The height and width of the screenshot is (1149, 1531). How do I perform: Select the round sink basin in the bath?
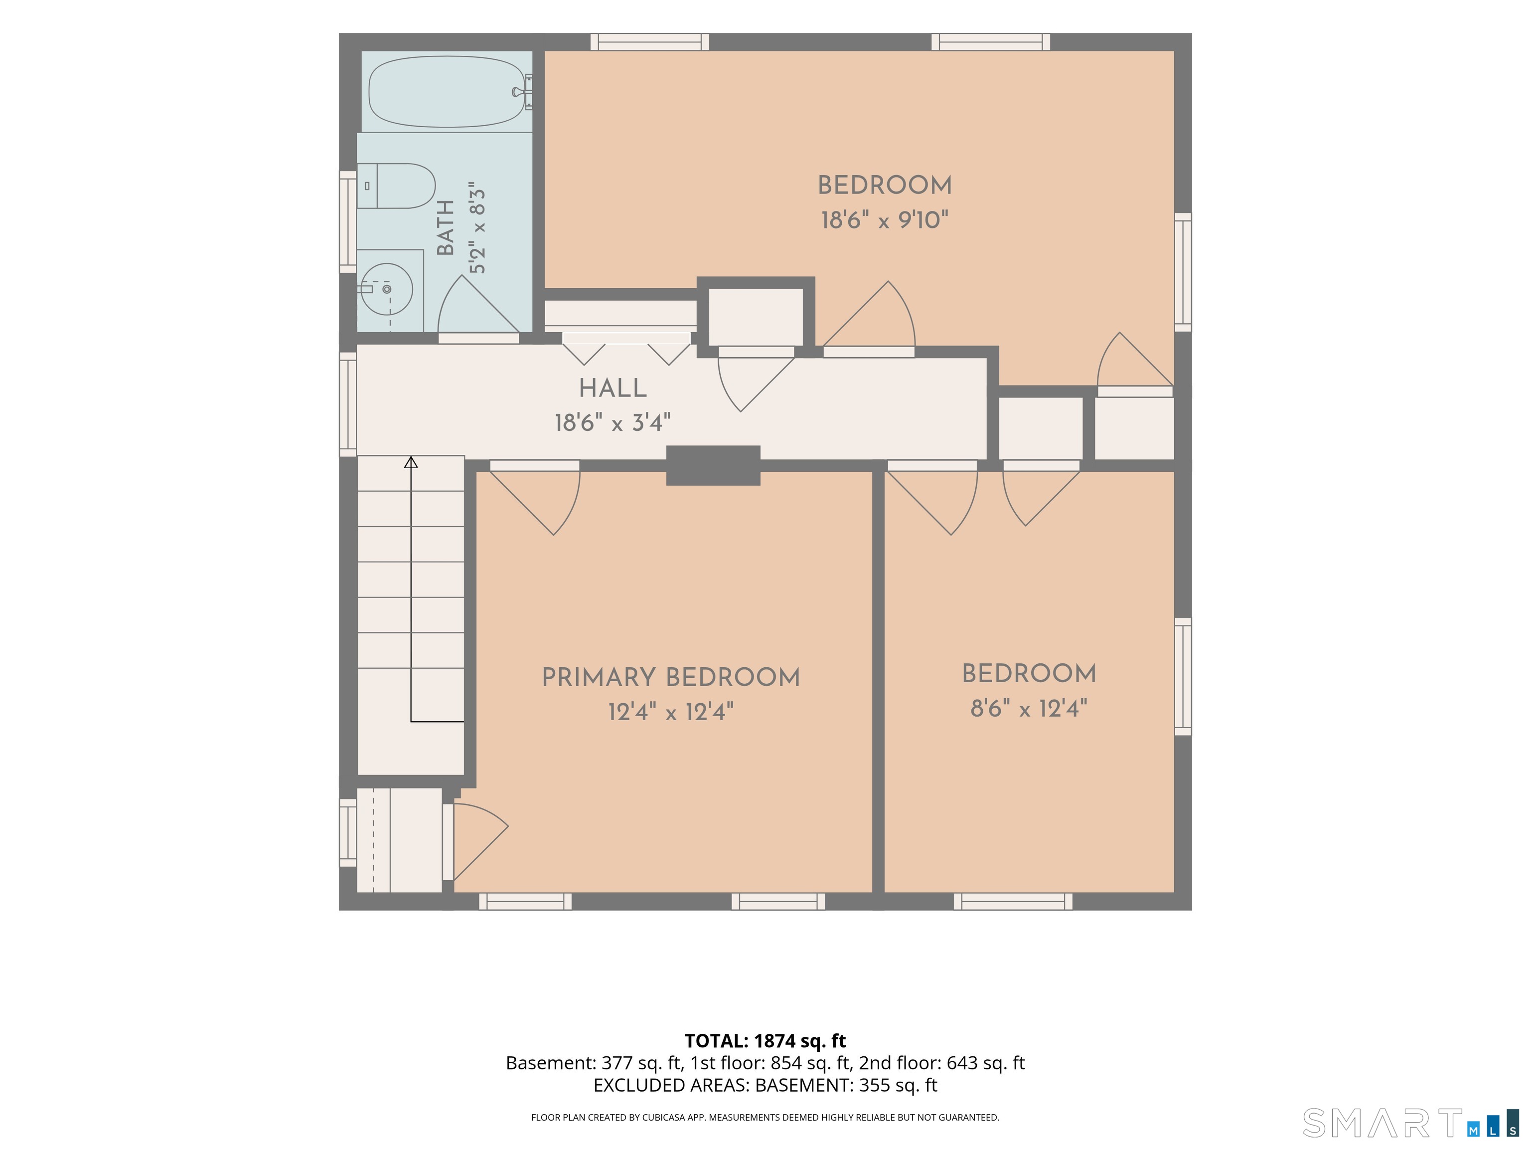[388, 289]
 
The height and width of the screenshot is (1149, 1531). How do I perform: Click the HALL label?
[612, 388]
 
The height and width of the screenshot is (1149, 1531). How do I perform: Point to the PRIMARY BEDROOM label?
[671, 677]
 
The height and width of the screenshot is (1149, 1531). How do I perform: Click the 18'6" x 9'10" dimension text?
[885, 220]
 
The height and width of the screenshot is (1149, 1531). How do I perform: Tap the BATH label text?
[447, 227]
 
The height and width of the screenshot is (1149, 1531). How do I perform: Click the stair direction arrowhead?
[411, 462]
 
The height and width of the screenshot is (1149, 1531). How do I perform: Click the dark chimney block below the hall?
[713, 465]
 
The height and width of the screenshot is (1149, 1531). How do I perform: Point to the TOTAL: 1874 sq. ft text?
[765, 1041]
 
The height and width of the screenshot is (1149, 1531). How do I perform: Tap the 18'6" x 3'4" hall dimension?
[612, 422]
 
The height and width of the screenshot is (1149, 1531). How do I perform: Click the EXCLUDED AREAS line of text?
[765, 1085]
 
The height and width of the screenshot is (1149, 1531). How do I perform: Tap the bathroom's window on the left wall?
[347, 221]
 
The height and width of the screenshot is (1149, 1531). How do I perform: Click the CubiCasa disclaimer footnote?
[765, 1117]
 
